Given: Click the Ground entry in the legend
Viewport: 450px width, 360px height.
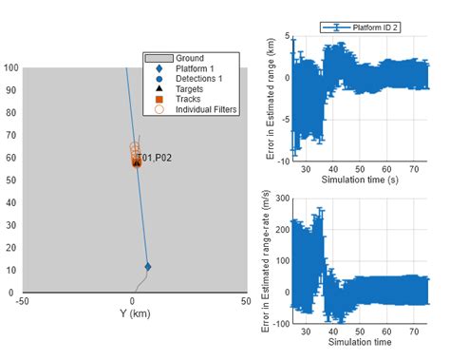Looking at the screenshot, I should tap(190, 58).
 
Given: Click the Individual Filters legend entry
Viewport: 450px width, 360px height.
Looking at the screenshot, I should tap(205, 110).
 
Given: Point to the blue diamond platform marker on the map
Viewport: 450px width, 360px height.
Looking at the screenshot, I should tap(147, 267).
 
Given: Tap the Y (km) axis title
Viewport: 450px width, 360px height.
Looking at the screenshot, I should tap(133, 313).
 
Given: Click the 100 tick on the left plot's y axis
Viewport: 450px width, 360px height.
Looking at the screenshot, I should tap(10, 68).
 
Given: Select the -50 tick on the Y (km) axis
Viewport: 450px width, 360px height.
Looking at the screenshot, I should tap(21, 301).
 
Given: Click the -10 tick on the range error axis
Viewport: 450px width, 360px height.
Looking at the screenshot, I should tap(281, 161).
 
